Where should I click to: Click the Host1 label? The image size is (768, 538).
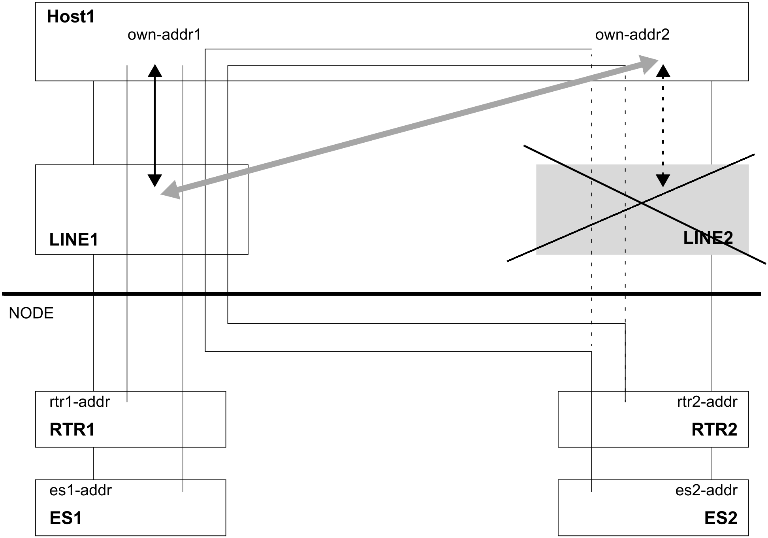click(71, 17)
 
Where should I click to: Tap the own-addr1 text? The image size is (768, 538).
click(164, 35)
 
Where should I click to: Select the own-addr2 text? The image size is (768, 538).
click(632, 35)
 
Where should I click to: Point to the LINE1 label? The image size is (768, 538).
click(74, 240)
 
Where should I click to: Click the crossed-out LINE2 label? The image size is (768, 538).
click(708, 238)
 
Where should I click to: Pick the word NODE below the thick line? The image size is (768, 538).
click(31, 313)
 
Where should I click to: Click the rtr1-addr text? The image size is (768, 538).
click(80, 402)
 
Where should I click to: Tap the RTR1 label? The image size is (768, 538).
click(72, 430)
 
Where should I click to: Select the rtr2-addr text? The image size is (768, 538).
click(707, 402)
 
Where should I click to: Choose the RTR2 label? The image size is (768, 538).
click(714, 430)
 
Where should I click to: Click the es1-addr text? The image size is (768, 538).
click(81, 490)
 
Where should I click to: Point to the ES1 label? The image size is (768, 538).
click(66, 518)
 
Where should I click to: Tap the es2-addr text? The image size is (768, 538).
click(706, 490)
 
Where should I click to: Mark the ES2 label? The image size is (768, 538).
click(721, 518)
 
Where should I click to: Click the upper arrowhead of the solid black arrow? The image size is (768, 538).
click(155, 70)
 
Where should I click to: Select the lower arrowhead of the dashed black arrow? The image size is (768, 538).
click(663, 181)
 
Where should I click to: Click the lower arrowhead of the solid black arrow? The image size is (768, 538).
click(155, 181)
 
